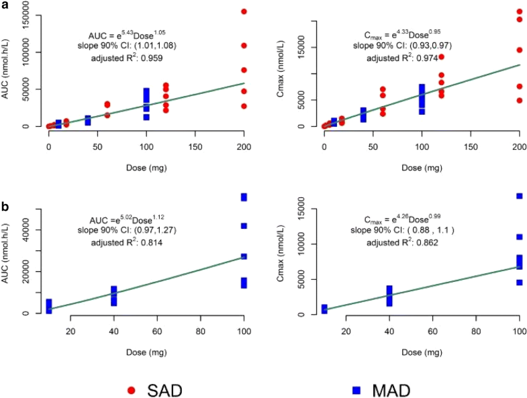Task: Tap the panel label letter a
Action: [x=5, y=5]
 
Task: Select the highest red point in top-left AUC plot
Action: [x=244, y=11]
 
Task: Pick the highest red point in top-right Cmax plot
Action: [x=519, y=11]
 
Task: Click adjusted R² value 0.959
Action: [x=150, y=58]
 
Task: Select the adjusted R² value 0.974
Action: [x=426, y=58]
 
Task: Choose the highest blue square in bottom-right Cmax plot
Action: [x=519, y=196]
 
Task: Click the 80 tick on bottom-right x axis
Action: [x=476, y=330]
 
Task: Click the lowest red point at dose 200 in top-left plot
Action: [x=244, y=106]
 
